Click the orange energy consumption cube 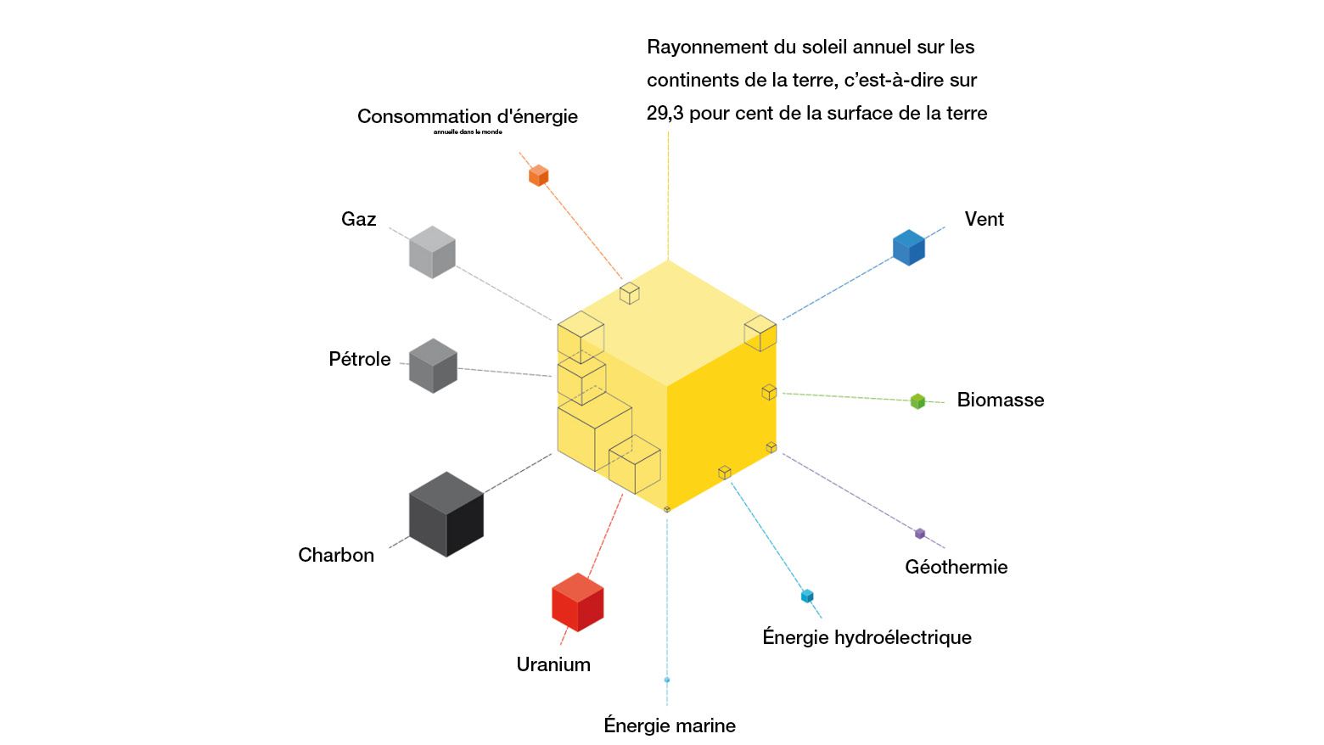[x=538, y=176]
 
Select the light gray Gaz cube [x=432, y=252]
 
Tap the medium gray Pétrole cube [x=433, y=366]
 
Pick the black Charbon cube [x=446, y=514]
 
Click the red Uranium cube [x=577, y=602]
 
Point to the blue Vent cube [x=908, y=248]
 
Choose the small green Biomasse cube [x=917, y=401]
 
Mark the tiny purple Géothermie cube [x=920, y=534]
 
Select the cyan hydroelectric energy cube [x=807, y=596]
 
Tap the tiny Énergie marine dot [x=667, y=680]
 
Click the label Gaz [x=358, y=220]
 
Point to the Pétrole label [x=360, y=359]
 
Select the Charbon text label [x=336, y=555]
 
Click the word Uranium [x=553, y=664]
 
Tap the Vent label [x=984, y=219]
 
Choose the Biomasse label [x=1000, y=400]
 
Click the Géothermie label [x=956, y=567]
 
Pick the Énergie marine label [x=670, y=725]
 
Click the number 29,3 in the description [x=665, y=114]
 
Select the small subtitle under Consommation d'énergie [x=468, y=132]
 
